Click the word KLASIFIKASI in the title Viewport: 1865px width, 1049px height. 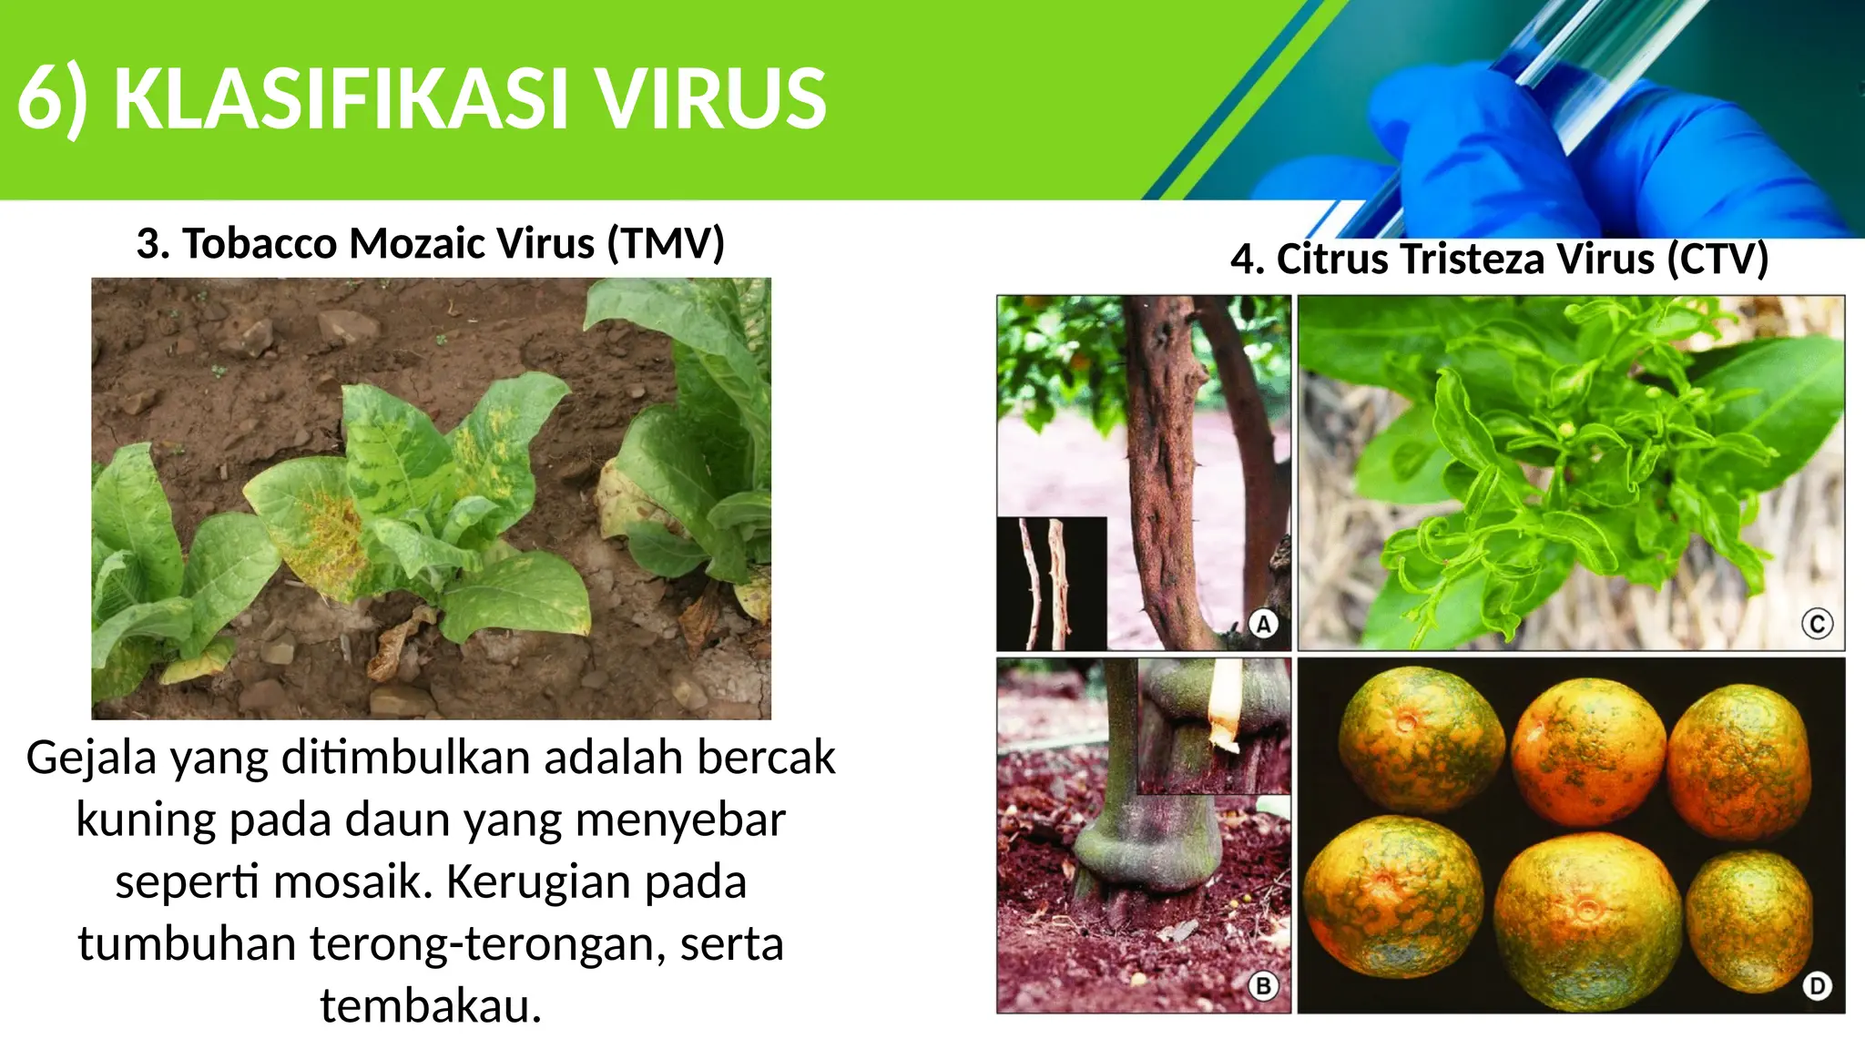click(341, 98)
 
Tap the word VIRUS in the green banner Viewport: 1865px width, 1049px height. click(711, 98)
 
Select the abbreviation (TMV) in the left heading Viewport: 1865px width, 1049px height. click(666, 244)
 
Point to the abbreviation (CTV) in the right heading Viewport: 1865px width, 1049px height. click(1717, 260)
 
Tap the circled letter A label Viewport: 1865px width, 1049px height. click(1263, 625)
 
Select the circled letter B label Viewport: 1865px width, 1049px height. click(1263, 986)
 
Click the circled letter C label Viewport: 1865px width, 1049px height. click(1817, 625)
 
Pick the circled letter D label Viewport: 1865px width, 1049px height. click(1817, 986)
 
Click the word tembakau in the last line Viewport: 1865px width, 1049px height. click(430, 1006)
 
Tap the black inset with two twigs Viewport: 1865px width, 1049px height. click(1052, 583)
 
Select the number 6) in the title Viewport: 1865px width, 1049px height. click(53, 98)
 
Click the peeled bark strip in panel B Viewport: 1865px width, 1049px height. click(1225, 706)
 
